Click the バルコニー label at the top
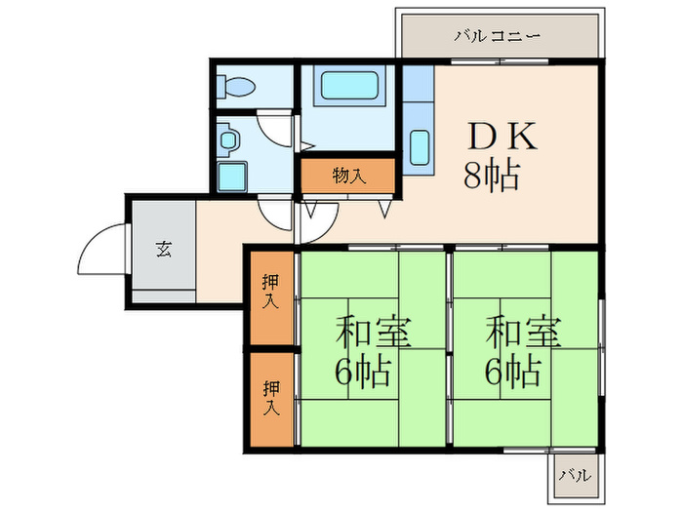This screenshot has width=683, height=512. [x=498, y=37]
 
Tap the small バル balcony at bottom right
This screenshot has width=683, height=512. [x=574, y=477]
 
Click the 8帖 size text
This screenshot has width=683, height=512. [x=490, y=177]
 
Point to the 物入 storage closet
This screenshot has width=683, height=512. [x=348, y=177]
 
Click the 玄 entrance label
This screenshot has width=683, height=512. [x=162, y=248]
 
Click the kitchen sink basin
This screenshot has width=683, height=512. [x=420, y=147]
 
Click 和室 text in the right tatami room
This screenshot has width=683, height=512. [x=524, y=333]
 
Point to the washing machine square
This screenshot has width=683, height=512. [x=232, y=177]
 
